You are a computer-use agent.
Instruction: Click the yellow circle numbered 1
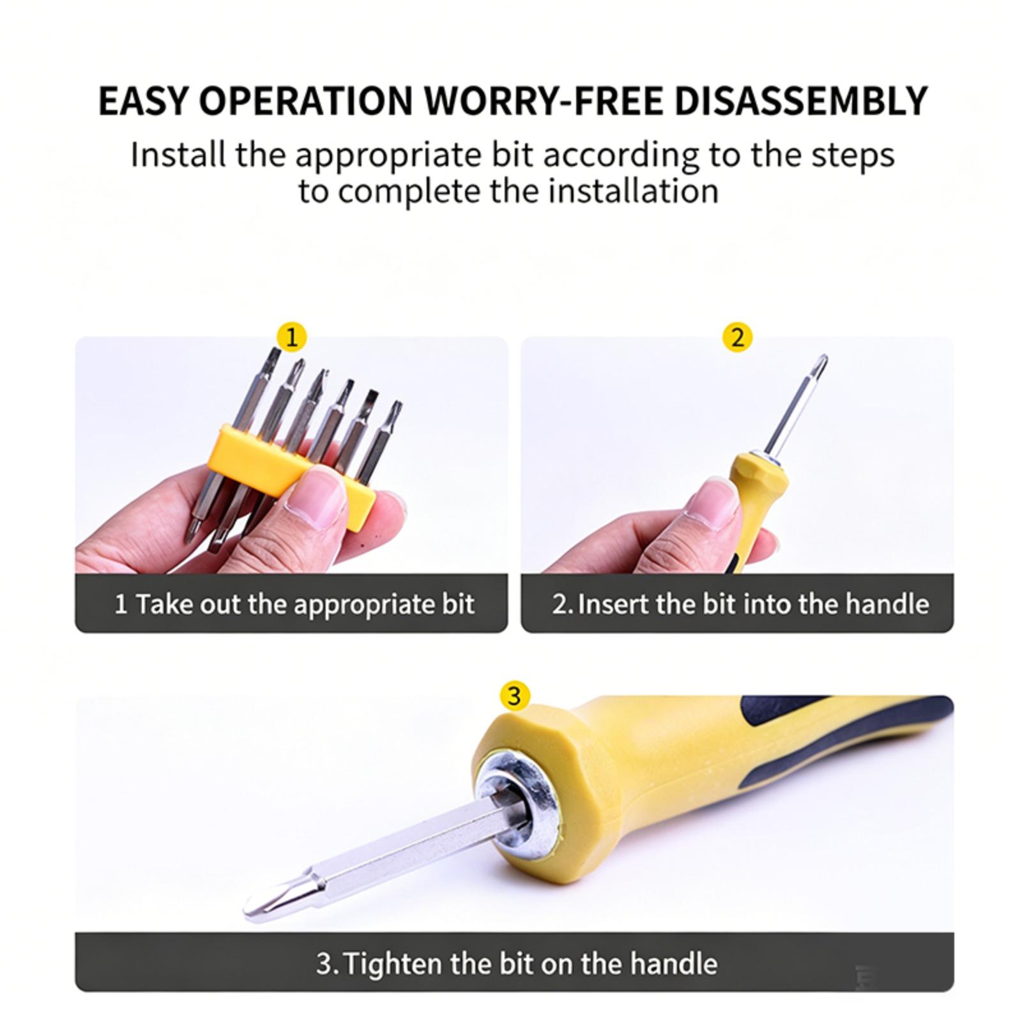tap(291, 337)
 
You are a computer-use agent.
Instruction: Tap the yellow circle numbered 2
tap(737, 337)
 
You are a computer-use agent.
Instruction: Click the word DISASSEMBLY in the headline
tap(801, 100)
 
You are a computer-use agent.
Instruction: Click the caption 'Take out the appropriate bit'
tap(305, 604)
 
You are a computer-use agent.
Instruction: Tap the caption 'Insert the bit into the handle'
tap(753, 604)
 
